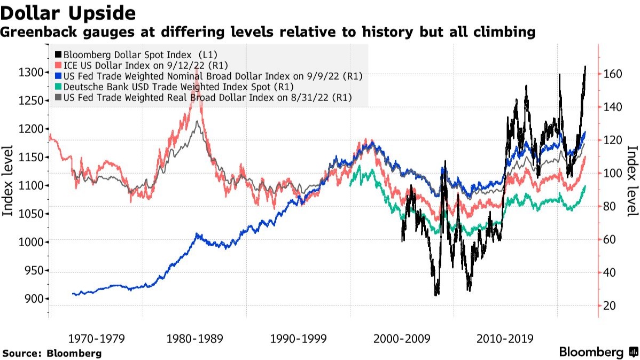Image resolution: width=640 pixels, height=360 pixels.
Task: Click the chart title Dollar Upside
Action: (68, 12)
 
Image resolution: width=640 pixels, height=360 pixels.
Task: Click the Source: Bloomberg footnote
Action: (52, 353)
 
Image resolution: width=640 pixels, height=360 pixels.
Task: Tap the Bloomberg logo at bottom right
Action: (597, 352)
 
